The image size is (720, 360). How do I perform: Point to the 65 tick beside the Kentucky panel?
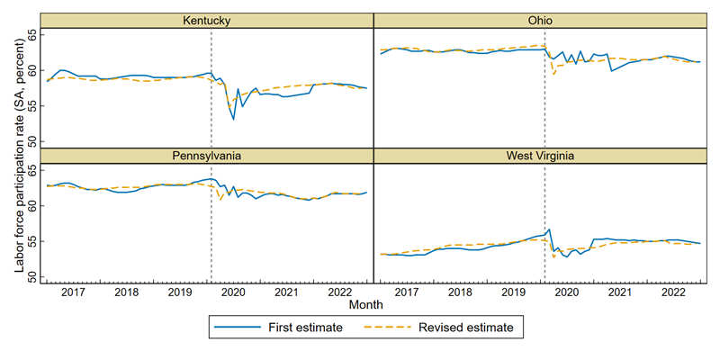tap(33, 34)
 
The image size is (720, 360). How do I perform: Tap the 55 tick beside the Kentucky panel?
tap(33, 106)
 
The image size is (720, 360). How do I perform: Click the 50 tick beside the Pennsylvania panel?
tap(33, 278)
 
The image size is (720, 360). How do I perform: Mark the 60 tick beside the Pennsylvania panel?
tap(33, 206)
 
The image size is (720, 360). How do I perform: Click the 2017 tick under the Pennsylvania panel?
tap(73, 292)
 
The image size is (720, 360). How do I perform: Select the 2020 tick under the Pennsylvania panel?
tap(233, 292)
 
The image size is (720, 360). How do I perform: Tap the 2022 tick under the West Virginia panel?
tap(672, 292)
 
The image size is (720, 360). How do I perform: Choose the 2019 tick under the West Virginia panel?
tap(512, 292)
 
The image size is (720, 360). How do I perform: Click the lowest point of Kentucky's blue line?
tap(233, 119)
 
